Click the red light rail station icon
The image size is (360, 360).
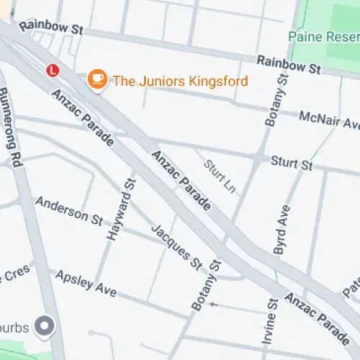[52, 71]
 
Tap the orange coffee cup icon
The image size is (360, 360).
[95, 80]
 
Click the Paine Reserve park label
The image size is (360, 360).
[323, 36]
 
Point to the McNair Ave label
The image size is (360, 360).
[328, 120]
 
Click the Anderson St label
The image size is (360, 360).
[69, 210]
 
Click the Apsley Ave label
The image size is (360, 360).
[86, 282]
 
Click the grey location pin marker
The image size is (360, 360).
[46, 326]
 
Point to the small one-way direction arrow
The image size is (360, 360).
[212, 305]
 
